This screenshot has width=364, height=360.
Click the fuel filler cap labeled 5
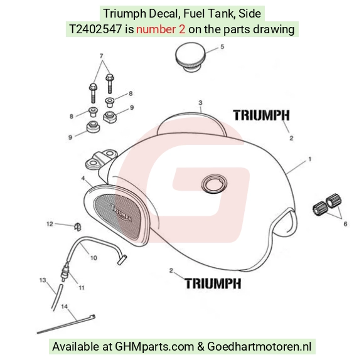coord(190,56)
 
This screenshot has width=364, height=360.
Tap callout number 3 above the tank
coord(200,102)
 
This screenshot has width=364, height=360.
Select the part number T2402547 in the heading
coord(95,29)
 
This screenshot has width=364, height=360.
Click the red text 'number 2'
coord(161,29)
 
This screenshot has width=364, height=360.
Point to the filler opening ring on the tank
coord(214,184)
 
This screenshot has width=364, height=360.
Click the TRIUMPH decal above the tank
coord(262,115)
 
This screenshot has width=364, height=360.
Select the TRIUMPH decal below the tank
coord(213,283)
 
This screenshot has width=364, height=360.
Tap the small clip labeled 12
coord(78,226)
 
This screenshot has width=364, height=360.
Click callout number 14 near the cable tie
coord(64,307)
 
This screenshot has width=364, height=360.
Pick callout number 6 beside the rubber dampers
coord(345,224)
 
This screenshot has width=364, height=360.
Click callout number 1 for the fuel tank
coord(309,159)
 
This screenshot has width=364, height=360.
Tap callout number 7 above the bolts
coord(102,56)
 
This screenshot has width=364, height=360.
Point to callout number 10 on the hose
coord(94,258)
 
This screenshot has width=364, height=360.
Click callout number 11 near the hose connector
coord(82,288)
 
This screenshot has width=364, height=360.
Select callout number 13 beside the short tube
coord(43,280)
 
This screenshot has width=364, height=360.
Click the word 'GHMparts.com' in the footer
coord(154,347)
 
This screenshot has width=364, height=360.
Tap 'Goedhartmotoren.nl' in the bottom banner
coord(259,346)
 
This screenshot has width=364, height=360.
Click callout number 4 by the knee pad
coord(83,178)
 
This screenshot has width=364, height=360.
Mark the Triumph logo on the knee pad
coord(121,213)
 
